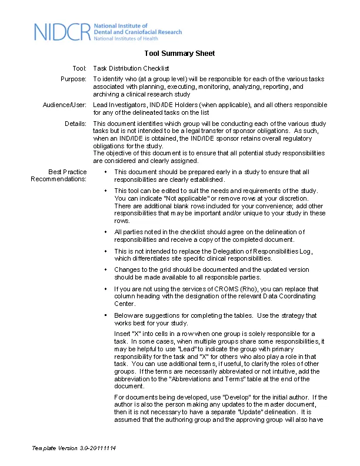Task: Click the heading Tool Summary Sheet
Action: [179, 54]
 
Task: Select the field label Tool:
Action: [79, 69]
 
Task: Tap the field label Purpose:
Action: [74, 79]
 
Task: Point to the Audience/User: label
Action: [65, 105]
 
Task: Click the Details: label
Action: [75, 124]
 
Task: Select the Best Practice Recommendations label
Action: [59, 175]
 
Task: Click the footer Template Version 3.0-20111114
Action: [74, 448]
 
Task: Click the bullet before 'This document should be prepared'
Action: [104, 172]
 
